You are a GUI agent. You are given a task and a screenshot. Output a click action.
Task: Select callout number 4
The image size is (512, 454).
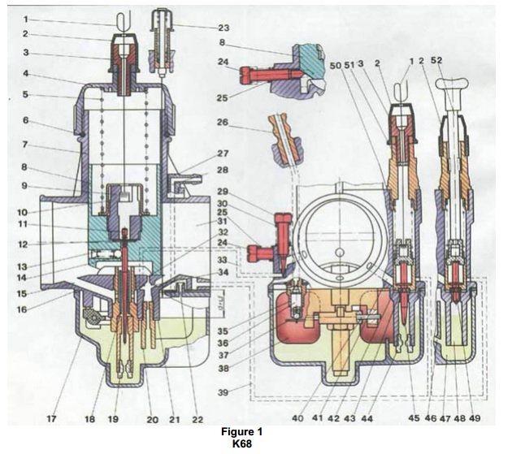[25, 73]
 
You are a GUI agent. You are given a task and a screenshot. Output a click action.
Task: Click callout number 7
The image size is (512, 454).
[25, 146]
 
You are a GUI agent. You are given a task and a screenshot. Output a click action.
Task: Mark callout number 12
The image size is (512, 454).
[25, 244]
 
